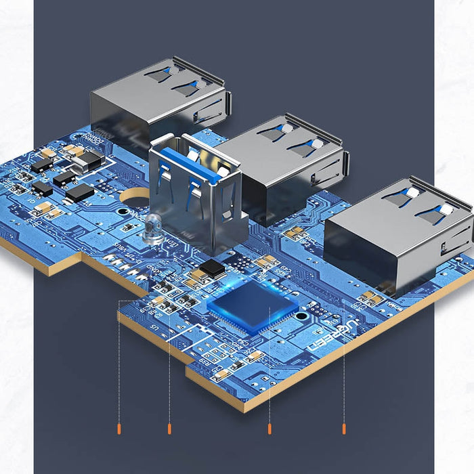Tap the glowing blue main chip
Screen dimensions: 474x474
point(253,307)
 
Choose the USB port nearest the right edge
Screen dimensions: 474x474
point(400,234)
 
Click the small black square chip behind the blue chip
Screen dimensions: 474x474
point(212,267)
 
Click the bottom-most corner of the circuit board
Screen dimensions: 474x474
point(244,410)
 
